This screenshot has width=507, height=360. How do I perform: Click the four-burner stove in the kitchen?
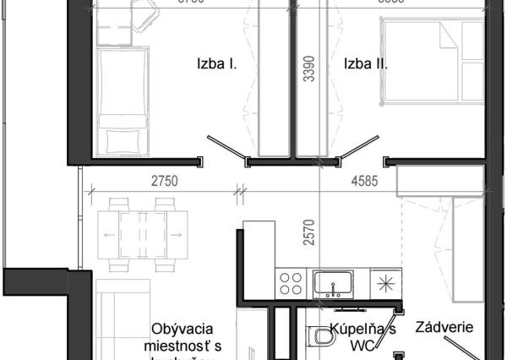tap(292, 281)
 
